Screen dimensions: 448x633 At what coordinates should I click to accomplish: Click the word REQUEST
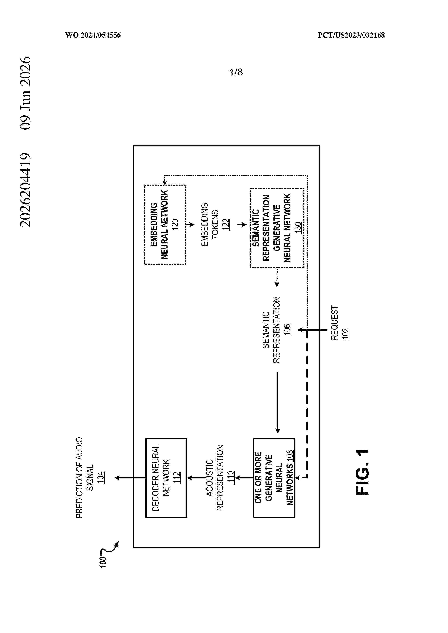click(x=335, y=323)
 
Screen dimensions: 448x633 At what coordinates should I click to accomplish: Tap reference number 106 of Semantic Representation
click(x=287, y=330)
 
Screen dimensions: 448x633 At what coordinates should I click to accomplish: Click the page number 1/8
click(x=236, y=72)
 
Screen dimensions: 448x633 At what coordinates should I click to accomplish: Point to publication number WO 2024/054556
click(x=93, y=35)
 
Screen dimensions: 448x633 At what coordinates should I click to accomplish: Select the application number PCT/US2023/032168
click(x=351, y=35)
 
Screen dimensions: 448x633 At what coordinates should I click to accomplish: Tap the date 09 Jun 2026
click(x=25, y=93)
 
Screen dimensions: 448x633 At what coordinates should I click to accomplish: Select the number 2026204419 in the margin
click(x=25, y=190)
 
